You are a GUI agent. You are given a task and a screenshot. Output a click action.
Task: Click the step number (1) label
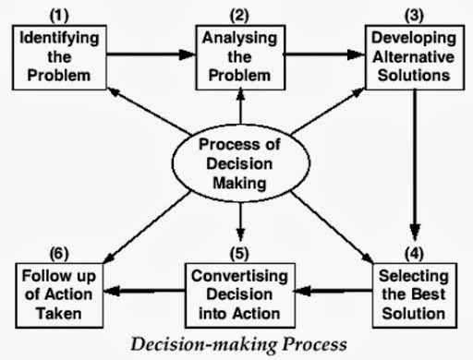click(59, 16)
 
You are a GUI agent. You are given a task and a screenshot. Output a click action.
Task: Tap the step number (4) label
click(414, 254)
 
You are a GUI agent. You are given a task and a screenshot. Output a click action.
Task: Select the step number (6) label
click(59, 254)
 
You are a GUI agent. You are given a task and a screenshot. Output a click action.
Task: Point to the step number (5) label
click(239, 254)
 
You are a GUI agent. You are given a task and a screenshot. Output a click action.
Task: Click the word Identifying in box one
click(59, 39)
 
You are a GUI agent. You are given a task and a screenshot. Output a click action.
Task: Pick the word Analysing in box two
click(239, 39)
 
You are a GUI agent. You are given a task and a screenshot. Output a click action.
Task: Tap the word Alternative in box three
click(414, 57)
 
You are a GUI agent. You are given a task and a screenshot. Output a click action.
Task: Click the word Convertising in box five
click(239, 276)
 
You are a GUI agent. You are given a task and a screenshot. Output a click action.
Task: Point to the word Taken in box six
click(59, 314)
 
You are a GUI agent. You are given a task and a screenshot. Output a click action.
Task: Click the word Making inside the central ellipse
click(239, 184)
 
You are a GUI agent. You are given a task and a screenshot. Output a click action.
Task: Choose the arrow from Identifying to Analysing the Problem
click(152, 54)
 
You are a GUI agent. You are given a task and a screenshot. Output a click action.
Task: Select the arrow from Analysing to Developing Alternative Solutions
click(324, 54)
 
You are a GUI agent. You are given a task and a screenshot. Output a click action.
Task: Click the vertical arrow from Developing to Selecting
click(415, 164)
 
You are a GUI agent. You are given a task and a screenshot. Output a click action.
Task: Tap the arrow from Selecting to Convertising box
click(334, 291)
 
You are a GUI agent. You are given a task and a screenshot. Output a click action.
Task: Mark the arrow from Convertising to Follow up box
click(144, 291)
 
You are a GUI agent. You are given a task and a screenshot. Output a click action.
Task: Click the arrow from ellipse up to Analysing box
click(240, 106)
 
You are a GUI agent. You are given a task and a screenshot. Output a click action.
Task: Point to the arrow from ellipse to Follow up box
click(147, 227)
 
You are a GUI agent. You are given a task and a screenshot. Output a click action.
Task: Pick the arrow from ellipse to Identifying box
click(150, 111)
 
